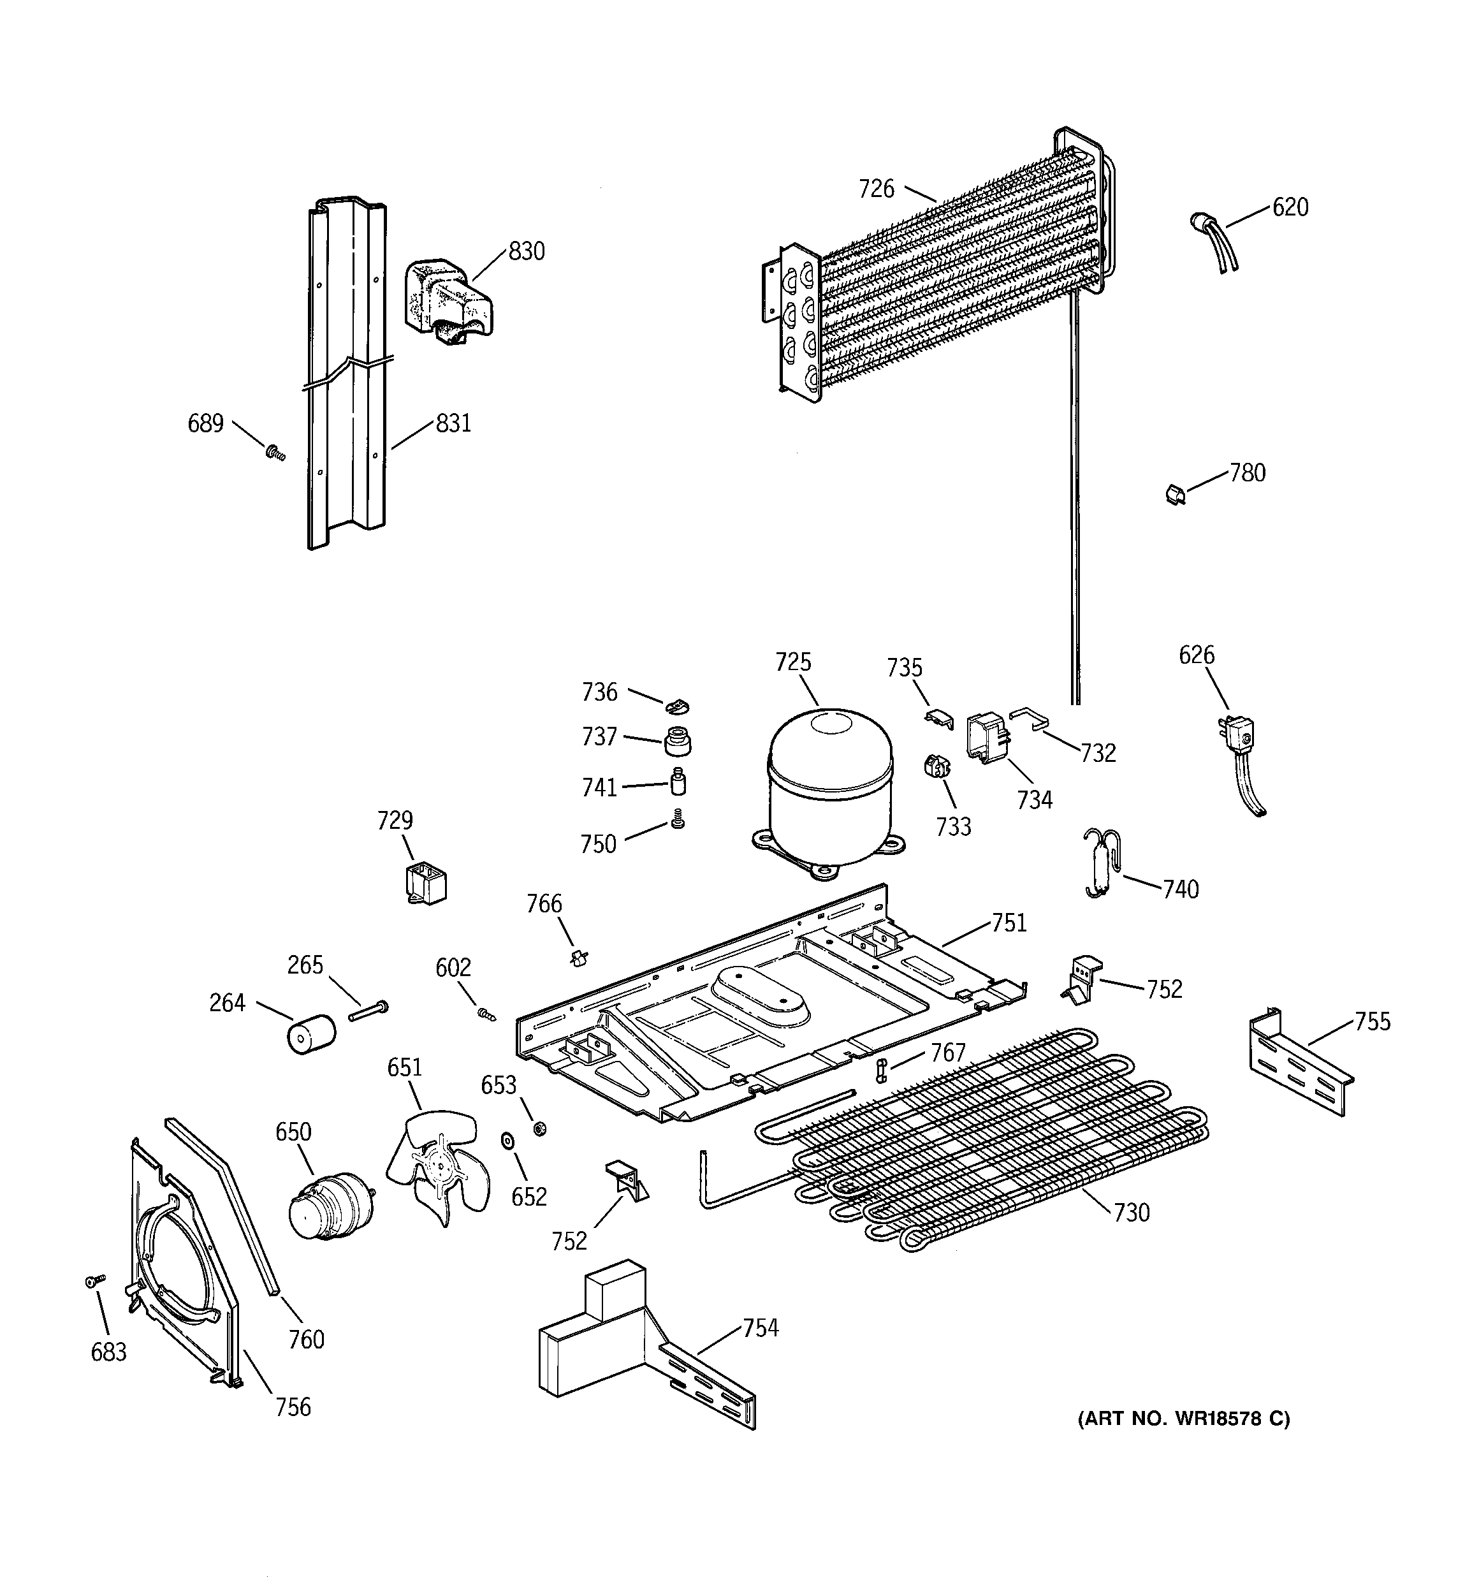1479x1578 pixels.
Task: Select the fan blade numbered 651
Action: coord(437,1166)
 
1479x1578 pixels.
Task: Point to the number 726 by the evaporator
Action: coord(876,189)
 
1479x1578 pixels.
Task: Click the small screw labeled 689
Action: coord(275,453)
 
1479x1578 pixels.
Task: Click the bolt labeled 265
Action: coord(368,1012)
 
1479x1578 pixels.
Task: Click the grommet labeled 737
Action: coord(677,742)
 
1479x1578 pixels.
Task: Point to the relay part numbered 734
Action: coord(987,736)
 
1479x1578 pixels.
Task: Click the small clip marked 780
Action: coord(1175,495)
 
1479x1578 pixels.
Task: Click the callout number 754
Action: coord(761,1327)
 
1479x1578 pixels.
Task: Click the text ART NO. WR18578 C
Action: coord(1183,1419)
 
